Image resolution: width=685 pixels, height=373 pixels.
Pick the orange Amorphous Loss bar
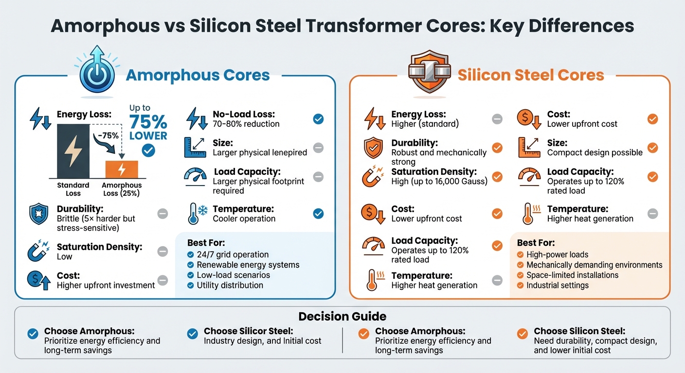[122, 169]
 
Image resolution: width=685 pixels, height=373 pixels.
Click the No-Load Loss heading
[244, 115]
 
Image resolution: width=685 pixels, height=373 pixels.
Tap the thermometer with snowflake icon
[196, 214]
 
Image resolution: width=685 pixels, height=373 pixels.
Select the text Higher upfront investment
[106, 285]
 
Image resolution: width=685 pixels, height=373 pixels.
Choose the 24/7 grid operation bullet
[233, 254]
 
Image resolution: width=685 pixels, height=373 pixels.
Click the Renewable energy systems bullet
[248, 265]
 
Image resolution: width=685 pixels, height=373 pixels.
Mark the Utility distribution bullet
[230, 285]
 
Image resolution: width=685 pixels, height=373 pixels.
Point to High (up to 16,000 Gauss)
[439, 182]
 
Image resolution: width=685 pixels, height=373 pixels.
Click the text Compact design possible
[595, 153]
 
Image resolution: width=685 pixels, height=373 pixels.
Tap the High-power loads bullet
[557, 254]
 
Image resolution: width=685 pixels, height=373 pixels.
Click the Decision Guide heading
[342, 317]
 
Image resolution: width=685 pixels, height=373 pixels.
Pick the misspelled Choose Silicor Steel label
[248, 331]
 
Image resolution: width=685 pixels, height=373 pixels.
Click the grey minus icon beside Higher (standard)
[497, 119]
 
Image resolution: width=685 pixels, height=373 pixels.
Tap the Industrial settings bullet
[557, 285]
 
